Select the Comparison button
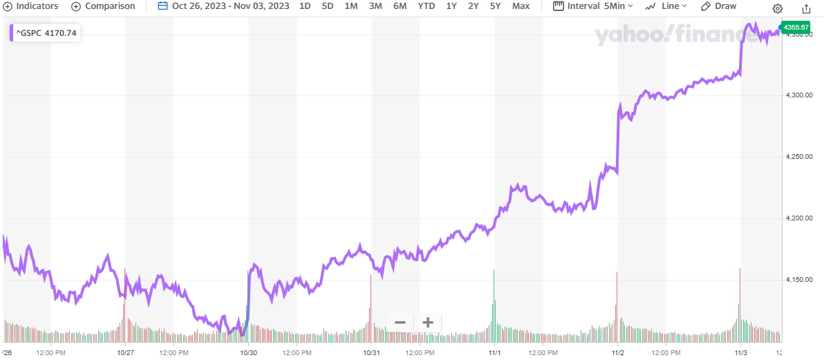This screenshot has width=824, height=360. [x=104, y=6]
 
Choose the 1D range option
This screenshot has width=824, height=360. [x=305, y=6]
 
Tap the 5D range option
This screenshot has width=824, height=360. [x=328, y=6]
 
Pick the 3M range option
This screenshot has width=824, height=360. [x=375, y=6]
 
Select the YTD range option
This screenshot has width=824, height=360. [x=426, y=6]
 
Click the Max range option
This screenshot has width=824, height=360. [x=521, y=6]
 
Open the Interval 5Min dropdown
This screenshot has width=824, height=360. [x=593, y=6]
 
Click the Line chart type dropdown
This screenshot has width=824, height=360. [x=665, y=6]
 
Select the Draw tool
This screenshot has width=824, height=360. [x=718, y=6]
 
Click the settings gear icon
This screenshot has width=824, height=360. [x=778, y=8]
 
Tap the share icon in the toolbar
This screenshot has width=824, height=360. [x=806, y=8]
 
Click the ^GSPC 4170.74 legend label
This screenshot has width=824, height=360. [x=46, y=32]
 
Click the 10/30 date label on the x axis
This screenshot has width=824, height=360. [x=249, y=352]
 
